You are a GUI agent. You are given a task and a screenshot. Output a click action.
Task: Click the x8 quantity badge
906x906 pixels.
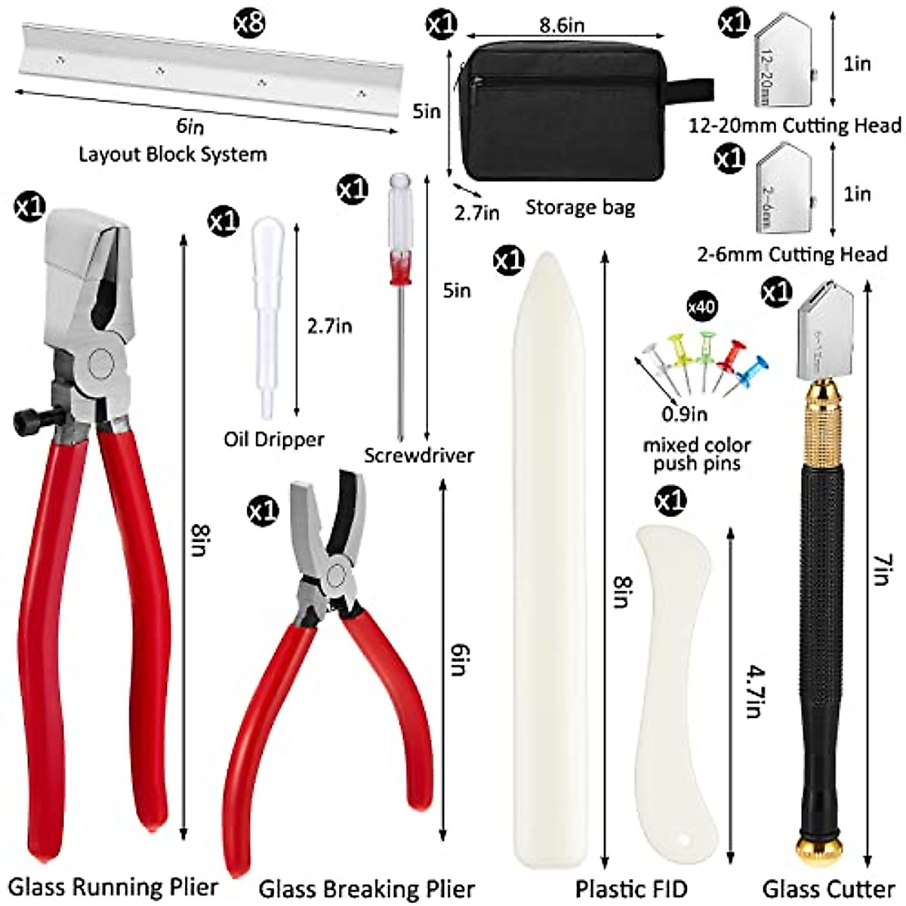pos(248,23)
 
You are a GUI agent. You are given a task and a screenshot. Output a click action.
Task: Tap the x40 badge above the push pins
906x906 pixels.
pos(702,307)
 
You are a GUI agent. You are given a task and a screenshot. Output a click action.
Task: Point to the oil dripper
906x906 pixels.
pos(264,317)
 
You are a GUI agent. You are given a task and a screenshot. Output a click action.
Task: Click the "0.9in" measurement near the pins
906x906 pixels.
pos(684,413)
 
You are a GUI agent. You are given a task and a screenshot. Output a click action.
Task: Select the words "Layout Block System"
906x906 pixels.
pos(173,155)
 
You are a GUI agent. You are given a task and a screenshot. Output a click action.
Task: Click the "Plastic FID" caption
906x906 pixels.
pos(631,889)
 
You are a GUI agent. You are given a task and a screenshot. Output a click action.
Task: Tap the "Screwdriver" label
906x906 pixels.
pos(419,455)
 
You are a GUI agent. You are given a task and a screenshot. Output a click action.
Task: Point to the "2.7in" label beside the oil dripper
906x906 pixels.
pos(329,326)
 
